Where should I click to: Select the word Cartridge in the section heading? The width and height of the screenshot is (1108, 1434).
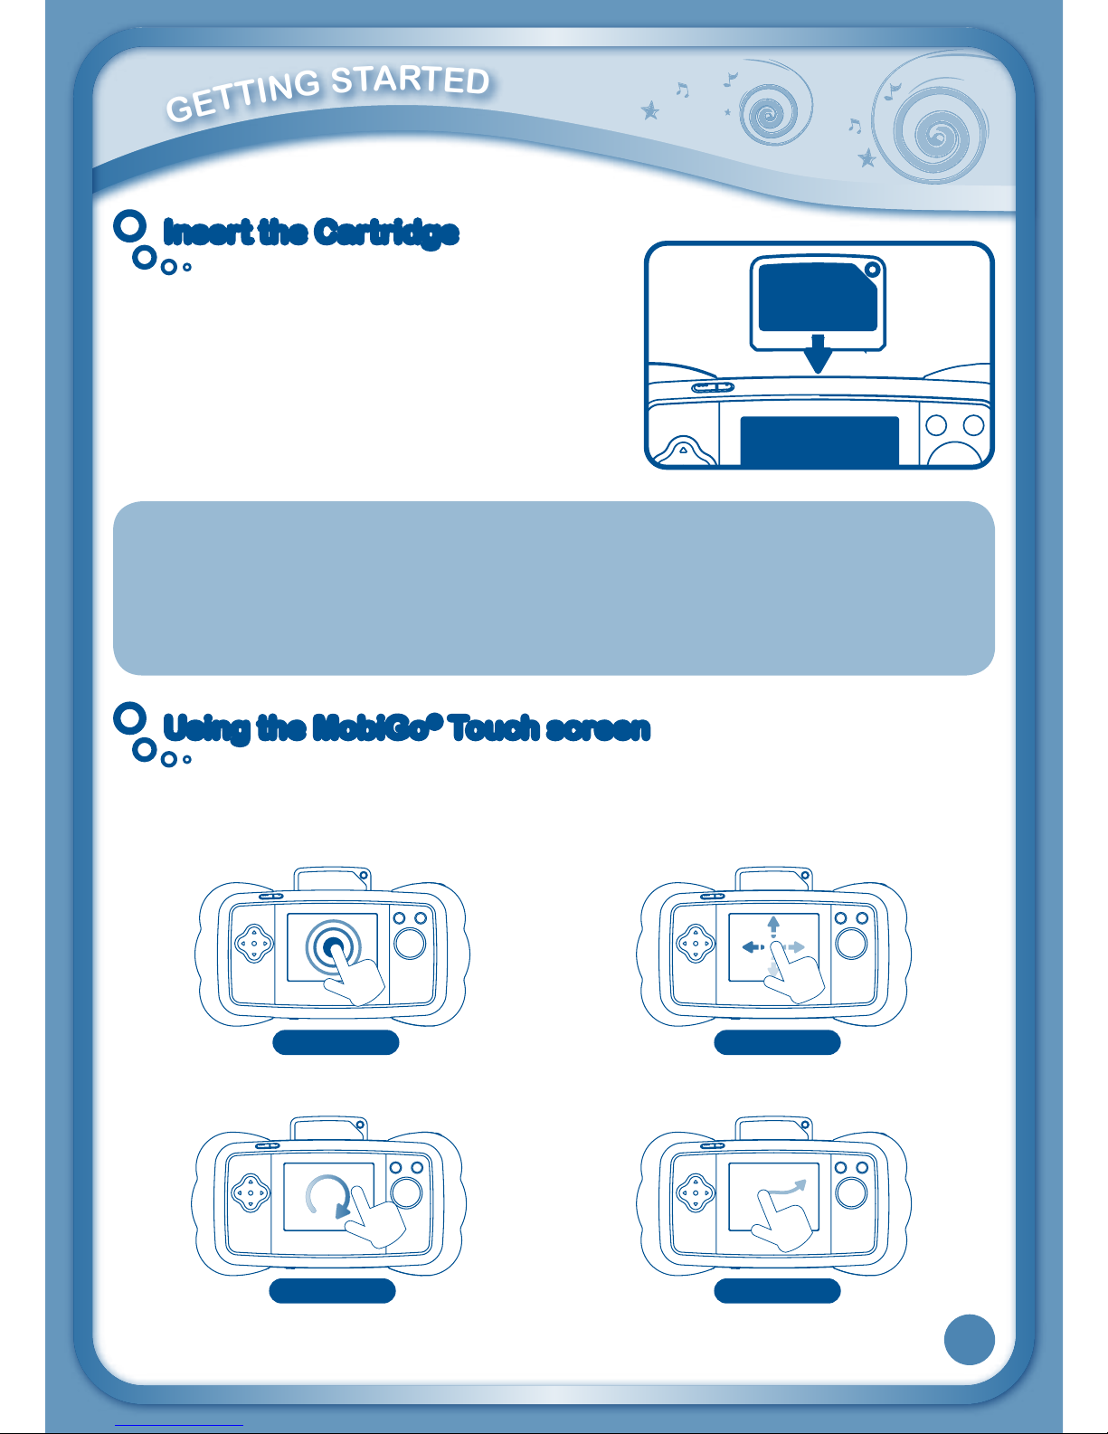click(386, 233)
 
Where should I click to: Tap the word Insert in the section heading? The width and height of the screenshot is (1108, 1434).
click(207, 233)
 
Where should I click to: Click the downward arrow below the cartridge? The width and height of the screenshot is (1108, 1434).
click(818, 354)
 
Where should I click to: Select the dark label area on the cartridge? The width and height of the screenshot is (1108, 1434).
click(818, 297)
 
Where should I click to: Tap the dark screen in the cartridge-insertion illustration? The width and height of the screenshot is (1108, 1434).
click(819, 441)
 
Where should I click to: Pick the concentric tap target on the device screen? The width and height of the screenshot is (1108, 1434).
click(333, 946)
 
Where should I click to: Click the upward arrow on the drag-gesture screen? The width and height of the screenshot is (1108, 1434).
click(773, 926)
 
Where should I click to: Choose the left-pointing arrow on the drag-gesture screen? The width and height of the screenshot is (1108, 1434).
click(753, 947)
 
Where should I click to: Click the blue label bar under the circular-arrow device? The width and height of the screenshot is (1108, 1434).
click(333, 1291)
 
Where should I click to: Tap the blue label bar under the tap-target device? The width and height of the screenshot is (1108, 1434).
click(336, 1043)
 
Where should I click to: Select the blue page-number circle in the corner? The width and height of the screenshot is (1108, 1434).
click(969, 1339)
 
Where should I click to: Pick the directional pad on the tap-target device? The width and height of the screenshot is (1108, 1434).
click(254, 944)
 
